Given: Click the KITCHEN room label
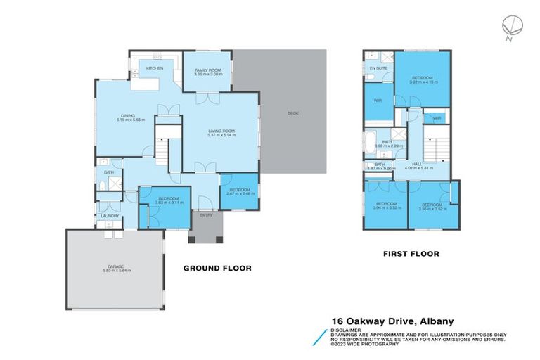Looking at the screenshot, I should point(155,68).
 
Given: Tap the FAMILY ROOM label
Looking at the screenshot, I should point(207,71).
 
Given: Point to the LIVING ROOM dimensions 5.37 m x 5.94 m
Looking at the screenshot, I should point(220,134).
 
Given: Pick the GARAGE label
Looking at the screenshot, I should point(116,266).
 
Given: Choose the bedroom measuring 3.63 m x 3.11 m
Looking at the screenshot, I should point(165,201).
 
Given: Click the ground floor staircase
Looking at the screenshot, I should point(164,149).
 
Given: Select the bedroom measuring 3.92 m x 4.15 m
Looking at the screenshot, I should point(423,79).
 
